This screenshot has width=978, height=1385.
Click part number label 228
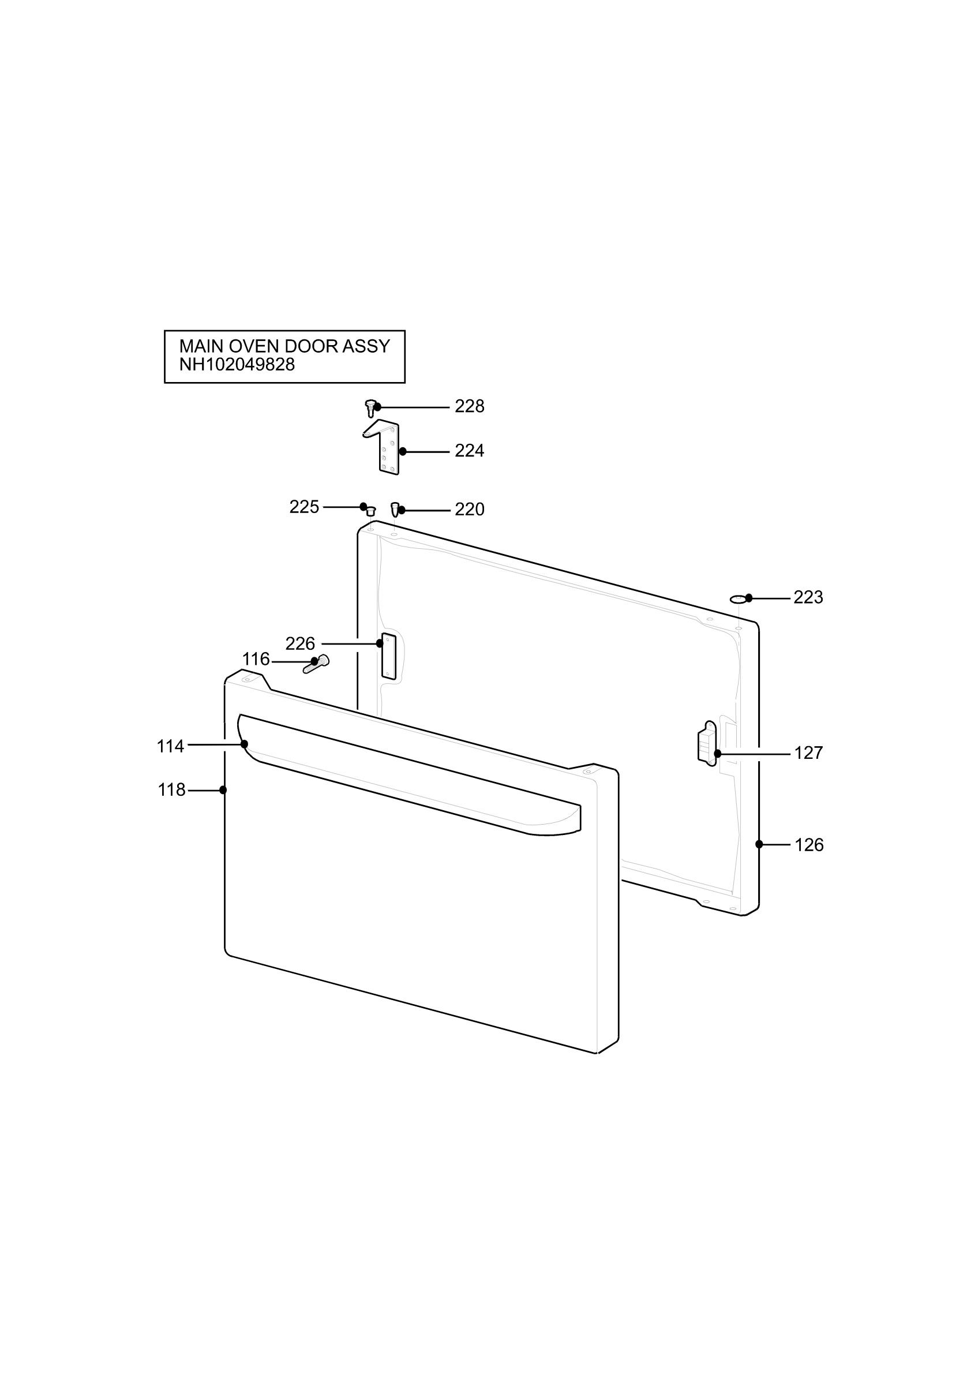[469, 407]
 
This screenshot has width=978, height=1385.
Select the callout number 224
[469, 451]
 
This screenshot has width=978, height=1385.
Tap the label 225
[304, 507]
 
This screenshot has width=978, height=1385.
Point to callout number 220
[469, 510]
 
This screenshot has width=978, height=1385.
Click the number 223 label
[808, 597]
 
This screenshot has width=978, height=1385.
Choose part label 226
[300, 643]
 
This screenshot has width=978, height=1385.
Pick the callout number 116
[256, 660]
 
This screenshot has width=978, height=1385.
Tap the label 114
[170, 747]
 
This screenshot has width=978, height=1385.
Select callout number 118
[171, 790]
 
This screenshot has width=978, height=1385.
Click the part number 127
[808, 753]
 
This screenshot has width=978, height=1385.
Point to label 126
[808, 845]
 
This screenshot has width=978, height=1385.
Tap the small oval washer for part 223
[738, 599]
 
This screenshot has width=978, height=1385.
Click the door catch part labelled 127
[707, 744]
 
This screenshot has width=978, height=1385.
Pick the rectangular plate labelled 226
[389, 656]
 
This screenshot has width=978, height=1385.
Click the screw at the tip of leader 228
[371, 408]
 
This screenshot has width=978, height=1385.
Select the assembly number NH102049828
[237, 364]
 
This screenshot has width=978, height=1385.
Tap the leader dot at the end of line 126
[759, 844]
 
